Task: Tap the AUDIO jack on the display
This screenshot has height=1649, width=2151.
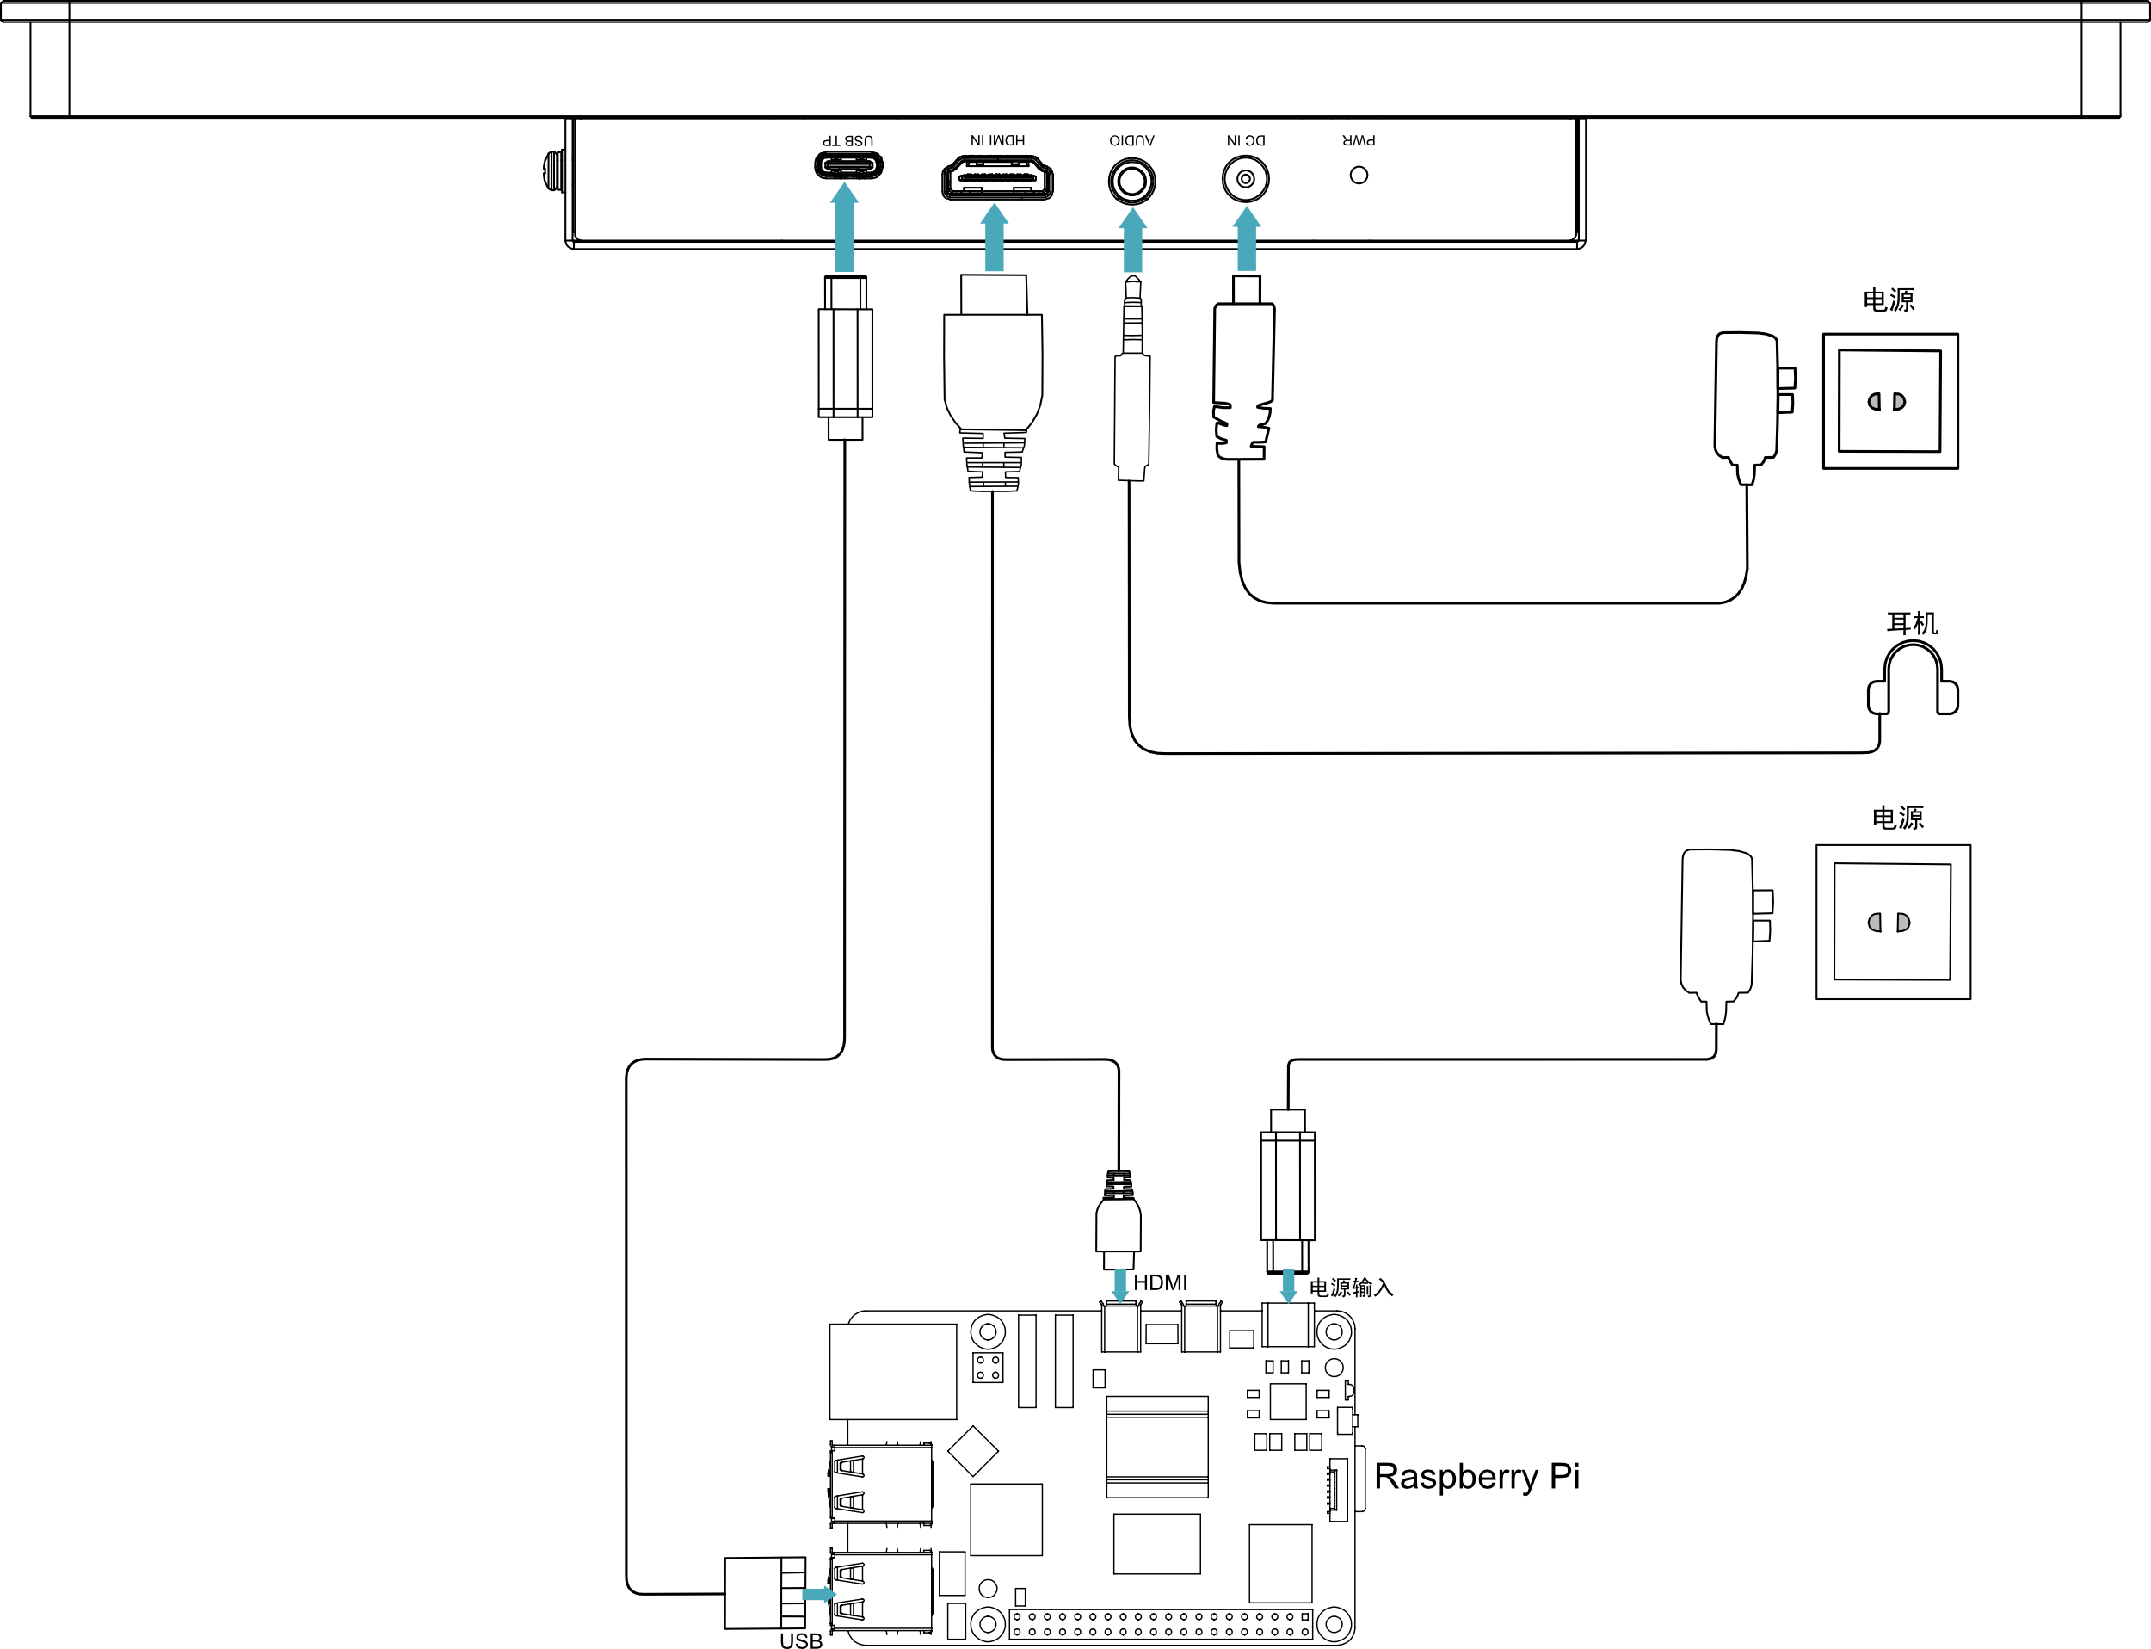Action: (1131, 182)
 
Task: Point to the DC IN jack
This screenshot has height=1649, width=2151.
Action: (1245, 180)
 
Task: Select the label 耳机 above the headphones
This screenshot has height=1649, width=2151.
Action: (1913, 623)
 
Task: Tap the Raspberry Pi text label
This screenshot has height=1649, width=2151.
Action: (1476, 1477)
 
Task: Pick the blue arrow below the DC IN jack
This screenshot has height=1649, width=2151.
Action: (1246, 238)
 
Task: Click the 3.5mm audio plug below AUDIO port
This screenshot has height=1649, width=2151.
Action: (1131, 379)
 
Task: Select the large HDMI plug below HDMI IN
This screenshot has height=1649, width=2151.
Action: (993, 383)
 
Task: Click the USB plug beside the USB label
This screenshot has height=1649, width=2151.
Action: (766, 1592)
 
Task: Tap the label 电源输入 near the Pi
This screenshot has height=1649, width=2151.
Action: (1351, 1288)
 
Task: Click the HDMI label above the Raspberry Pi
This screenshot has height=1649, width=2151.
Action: (1160, 1283)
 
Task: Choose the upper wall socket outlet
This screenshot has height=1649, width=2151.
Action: (1890, 401)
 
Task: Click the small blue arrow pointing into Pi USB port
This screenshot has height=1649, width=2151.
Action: (818, 1594)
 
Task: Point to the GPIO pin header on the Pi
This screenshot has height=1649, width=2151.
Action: (1161, 1623)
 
